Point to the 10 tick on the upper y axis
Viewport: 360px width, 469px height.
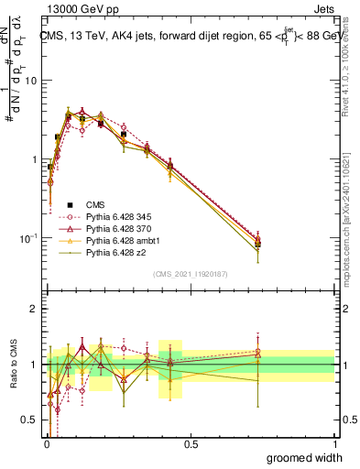(31, 81)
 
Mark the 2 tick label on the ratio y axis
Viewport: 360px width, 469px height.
(34, 309)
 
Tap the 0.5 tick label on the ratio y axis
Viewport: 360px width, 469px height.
(29, 420)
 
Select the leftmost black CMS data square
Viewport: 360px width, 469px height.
(50, 167)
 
